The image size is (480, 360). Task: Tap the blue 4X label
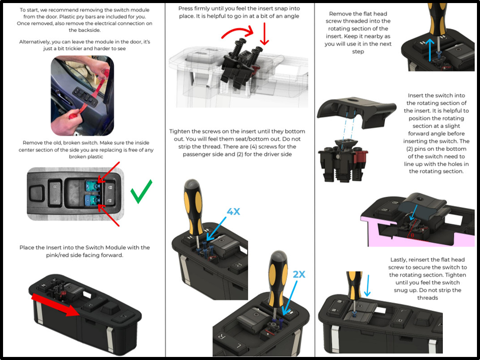pos(233,212)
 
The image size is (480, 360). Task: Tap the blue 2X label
pos(299,274)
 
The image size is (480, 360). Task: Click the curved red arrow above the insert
pos(238,32)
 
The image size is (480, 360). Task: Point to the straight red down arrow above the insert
pos(264,34)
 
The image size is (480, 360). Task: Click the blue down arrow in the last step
pos(368,286)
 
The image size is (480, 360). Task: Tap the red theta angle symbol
pos(412,235)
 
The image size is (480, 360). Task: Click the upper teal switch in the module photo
pos(93,186)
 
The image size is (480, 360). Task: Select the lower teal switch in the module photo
pos(93,200)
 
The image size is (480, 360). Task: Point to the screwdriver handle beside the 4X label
pos(193,207)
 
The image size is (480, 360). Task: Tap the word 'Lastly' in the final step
pos(399,260)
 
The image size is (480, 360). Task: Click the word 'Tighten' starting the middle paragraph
pos(179,132)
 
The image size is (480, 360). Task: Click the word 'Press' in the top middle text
pos(186,9)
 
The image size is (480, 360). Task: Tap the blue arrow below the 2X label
pos(290,298)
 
